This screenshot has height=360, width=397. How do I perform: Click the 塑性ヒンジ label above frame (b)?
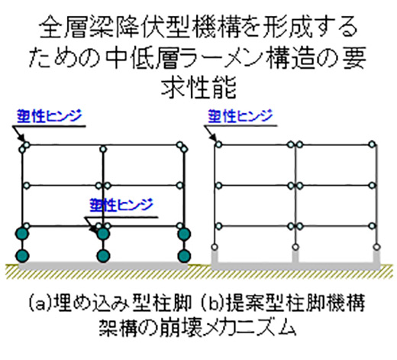pyautogui.click(x=240, y=116)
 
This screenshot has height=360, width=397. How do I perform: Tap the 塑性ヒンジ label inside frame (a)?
pyautogui.click(x=121, y=205)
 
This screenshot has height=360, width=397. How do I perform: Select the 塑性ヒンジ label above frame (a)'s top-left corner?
pyautogui.click(x=50, y=116)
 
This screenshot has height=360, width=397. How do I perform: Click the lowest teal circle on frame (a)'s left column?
pyautogui.click(x=22, y=255)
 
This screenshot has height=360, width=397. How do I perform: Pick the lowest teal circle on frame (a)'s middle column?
pyautogui.click(x=103, y=255)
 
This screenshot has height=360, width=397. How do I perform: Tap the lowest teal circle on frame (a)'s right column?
pyautogui.click(x=184, y=255)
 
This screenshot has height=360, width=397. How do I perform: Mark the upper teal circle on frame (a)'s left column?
pyautogui.click(x=22, y=234)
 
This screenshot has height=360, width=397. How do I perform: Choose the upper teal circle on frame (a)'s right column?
pyautogui.click(x=184, y=234)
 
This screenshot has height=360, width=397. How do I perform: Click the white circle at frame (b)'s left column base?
pyautogui.click(x=215, y=247)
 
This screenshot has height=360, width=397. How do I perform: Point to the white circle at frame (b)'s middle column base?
pyautogui.click(x=295, y=247)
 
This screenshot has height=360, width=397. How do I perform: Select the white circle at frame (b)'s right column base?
pyautogui.click(x=376, y=247)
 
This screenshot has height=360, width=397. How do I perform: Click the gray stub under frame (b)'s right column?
pyautogui.click(x=376, y=256)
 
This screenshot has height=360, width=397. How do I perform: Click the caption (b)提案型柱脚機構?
pyautogui.click(x=282, y=303)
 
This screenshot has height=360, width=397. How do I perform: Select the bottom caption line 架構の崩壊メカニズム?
pyautogui.click(x=198, y=327)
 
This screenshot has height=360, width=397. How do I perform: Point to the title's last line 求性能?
pyautogui.click(x=198, y=87)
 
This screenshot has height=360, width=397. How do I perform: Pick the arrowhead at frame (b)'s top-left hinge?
pyautogui.click(x=214, y=137)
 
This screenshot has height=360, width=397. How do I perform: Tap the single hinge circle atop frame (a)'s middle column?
pyautogui.click(x=103, y=149)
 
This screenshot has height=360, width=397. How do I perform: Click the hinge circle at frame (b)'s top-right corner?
pyautogui.click(x=372, y=144)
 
